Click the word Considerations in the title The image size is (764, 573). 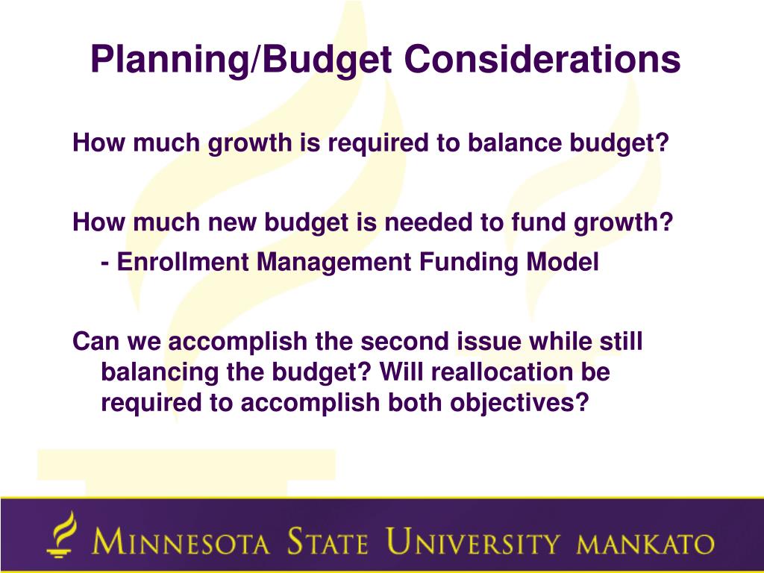pos(542,59)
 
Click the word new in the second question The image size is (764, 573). pos(231,222)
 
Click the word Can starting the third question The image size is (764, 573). pos(96,340)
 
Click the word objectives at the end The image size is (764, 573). pos(519,404)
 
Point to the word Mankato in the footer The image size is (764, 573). pos(645,544)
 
